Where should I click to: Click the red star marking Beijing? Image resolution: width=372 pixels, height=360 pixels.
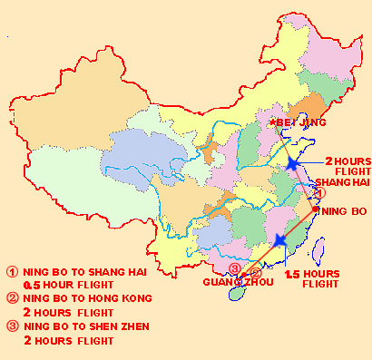[x=271, y=121]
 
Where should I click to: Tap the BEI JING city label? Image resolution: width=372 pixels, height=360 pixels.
[x=299, y=122]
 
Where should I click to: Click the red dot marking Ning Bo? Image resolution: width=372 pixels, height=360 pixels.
[x=315, y=210]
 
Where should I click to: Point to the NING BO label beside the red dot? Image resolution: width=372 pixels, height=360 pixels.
[x=343, y=211]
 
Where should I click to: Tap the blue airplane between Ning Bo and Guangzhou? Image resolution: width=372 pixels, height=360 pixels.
[x=279, y=240]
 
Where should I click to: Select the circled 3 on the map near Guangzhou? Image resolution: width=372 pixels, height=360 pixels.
[x=236, y=269]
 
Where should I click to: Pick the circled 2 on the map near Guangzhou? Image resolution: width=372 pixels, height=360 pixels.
[x=255, y=272]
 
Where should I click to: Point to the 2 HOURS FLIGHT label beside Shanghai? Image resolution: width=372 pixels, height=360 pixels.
[x=342, y=165]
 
